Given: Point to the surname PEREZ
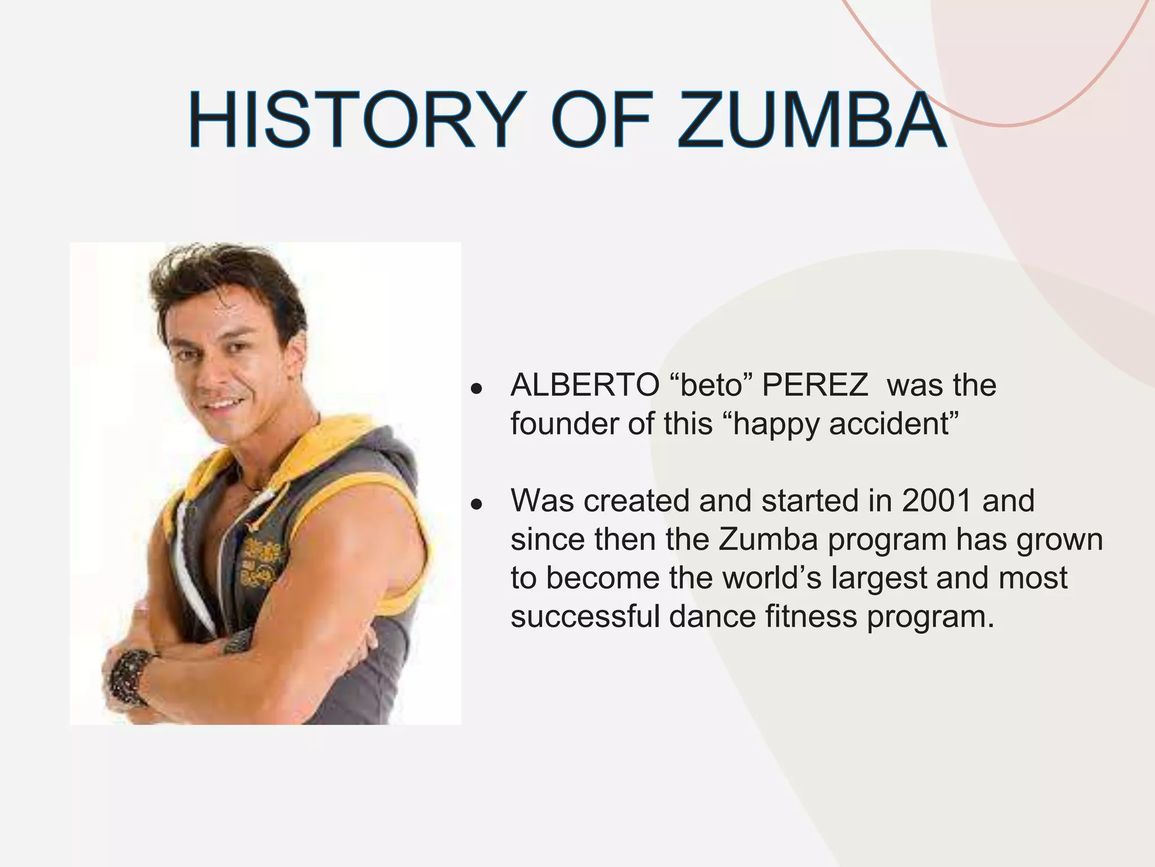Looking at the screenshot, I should [x=815, y=386].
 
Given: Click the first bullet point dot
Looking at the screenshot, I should [x=477, y=389].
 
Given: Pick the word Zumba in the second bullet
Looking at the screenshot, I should [x=768, y=539].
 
